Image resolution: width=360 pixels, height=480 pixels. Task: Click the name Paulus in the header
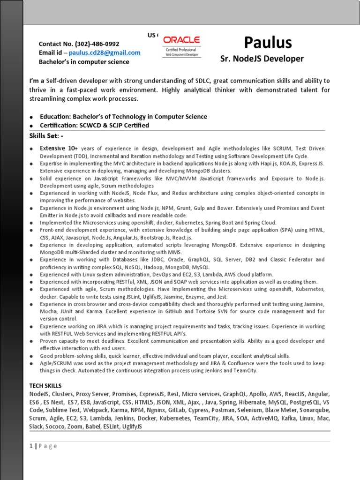(268, 43)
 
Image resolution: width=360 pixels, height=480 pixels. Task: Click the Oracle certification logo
(181, 46)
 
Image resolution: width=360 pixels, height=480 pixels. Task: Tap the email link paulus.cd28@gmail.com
(105, 52)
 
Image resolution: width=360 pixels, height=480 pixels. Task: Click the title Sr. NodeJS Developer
(262, 59)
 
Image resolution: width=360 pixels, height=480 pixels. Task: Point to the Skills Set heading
(47, 135)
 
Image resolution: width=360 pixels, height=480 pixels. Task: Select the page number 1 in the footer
(31, 446)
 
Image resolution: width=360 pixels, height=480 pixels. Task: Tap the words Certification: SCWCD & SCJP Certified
(95, 125)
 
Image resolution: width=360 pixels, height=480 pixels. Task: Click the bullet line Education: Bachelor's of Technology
(123, 116)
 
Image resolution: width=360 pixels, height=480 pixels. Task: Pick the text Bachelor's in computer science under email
(84, 61)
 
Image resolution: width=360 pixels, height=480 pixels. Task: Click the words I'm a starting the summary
(37, 81)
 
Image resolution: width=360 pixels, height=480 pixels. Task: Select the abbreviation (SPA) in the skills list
(288, 230)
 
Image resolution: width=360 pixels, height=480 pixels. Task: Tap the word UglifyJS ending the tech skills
(132, 427)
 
